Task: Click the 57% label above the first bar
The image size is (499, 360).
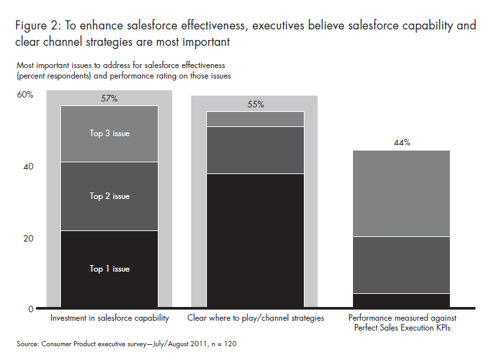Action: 109,98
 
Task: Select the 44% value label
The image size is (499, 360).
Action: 402,143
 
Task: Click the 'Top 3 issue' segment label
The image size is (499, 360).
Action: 109,134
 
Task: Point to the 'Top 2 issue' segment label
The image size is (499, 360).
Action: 109,196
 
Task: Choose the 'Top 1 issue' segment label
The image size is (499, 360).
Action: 109,269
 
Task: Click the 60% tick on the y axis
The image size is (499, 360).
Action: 26,95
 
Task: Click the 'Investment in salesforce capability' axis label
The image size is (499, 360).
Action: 109,319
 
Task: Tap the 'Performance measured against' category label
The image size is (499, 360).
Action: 402,318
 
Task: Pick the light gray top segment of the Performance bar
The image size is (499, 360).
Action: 402,193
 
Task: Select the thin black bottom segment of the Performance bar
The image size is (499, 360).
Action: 402,300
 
